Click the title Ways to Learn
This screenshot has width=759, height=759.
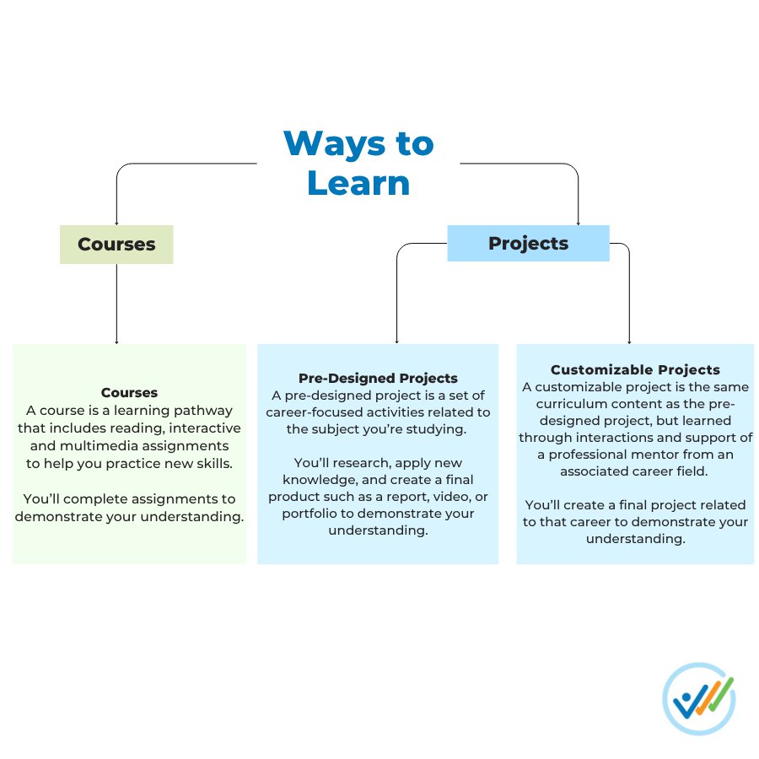pyautogui.click(x=358, y=163)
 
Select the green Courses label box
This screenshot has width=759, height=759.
pyautogui.click(x=116, y=245)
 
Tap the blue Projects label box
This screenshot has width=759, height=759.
pyautogui.click(x=528, y=243)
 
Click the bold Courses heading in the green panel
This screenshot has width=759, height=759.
pyautogui.click(x=129, y=392)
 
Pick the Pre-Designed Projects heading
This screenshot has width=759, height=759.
pyautogui.click(x=378, y=378)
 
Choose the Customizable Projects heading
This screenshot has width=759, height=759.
pyautogui.click(x=635, y=369)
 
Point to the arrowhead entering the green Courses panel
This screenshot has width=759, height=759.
pyautogui.click(x=116, y=342)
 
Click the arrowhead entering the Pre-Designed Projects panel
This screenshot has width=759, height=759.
pyautogui.click(x=396, y=342)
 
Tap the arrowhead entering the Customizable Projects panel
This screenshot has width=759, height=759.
pyautogui.click(x=629, y=342)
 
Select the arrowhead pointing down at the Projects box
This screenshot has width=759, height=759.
pyautogui.click(x=579, y=223)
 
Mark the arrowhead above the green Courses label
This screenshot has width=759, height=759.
pyautogui.click(x=116, y=223)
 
